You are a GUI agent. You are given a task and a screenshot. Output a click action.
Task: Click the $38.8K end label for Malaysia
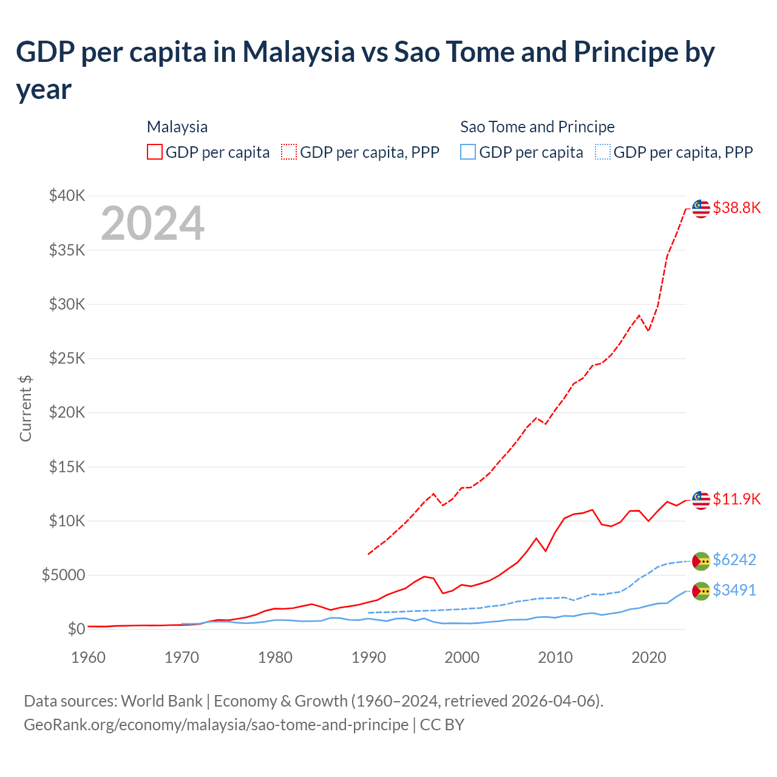click(x=736, y=208)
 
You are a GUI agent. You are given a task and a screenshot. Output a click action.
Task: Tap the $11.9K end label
click(x=736, y=499)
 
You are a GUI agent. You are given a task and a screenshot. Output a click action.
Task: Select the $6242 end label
click(x=734, y=560)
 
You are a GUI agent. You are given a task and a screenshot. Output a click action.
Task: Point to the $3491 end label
click(x=734, y=590)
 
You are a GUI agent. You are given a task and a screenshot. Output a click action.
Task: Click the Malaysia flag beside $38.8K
click(x=701, y=208)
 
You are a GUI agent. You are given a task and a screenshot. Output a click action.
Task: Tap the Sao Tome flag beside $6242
click(x=701, y=561)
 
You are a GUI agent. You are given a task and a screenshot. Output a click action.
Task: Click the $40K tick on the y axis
click(x=67, y=195)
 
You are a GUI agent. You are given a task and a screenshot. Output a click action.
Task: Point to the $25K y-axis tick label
click(x=67, y=358)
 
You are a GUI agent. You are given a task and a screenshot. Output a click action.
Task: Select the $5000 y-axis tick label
click(x=63, y=575)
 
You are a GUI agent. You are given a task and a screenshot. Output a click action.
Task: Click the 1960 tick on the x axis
click(x=88, y=657)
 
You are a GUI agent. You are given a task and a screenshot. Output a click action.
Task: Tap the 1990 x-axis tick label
click(x=368, y=657)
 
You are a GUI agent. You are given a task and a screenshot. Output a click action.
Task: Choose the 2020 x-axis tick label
click(x=649, y=657)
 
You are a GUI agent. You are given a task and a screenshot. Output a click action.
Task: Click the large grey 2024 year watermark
click(x=152, y=223)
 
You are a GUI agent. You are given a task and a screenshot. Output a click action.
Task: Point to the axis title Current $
click(x=25, y=408)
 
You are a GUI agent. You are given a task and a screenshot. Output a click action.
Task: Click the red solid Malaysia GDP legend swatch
click(x=155, y=152)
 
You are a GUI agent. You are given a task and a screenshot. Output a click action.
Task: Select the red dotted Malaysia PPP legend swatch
click(x=289, y=152)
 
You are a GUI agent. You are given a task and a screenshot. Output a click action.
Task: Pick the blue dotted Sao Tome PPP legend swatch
click(x=603, y=152)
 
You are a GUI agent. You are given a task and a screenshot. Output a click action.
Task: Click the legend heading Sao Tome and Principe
click(x=537, y=127)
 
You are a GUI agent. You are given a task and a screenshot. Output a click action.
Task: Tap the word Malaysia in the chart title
click(x=298, y=52)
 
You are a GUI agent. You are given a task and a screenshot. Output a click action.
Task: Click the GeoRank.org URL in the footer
click(x=216, y=725)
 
